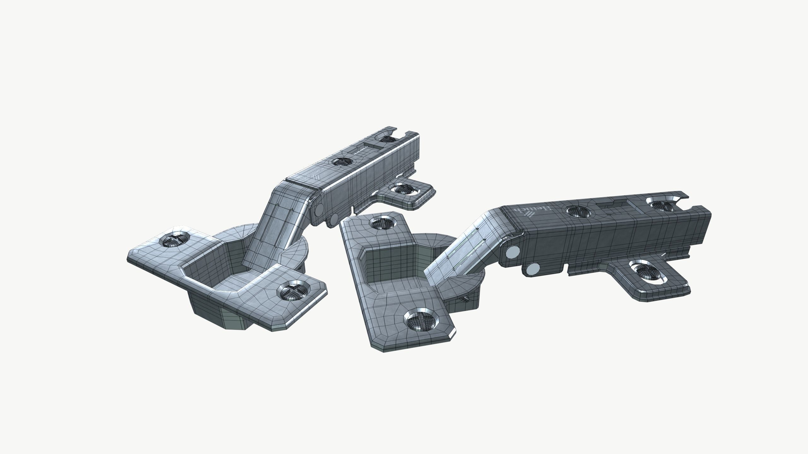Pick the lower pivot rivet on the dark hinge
point(533,269)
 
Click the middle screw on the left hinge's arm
point(342,162)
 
